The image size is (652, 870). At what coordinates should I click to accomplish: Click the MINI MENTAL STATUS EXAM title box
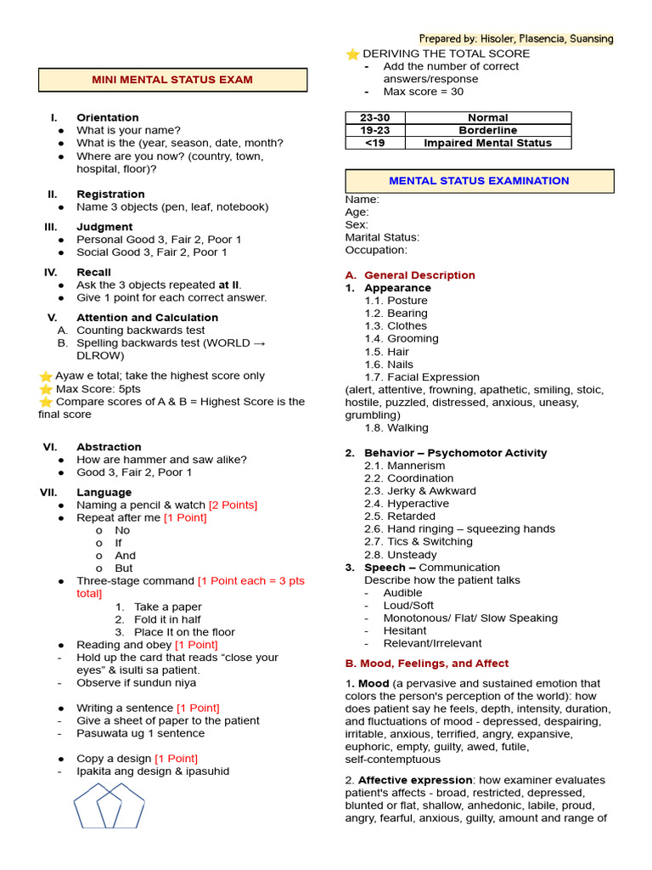[x=172, y=80]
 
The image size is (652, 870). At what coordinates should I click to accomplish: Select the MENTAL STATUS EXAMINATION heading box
[x=479, y=181]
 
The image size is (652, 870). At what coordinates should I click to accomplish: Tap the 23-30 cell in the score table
[x=374, y=117]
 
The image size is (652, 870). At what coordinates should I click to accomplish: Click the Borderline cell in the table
[x=487, y=130]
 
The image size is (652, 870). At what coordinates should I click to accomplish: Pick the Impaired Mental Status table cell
[x=487, y=143]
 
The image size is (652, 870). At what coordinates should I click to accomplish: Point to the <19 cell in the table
[x=374, y=143]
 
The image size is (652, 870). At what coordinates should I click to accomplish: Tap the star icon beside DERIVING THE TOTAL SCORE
[x=352, y=54]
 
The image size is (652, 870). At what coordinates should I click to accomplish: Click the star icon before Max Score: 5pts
[x=45, y=389]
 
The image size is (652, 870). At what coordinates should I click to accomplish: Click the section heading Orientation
[x=108, y=117]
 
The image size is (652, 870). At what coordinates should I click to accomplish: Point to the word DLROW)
[x=100, y=355]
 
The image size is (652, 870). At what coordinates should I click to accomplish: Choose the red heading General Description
[x=419, y=275]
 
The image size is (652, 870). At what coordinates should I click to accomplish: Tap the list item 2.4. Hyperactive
[x=407, y=504]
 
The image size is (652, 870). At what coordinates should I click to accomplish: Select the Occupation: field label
[x=375, y=250]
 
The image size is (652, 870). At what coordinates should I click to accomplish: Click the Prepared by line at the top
[x=516, y=39]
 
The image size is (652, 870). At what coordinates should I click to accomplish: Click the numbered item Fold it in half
[x=167, y=619]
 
